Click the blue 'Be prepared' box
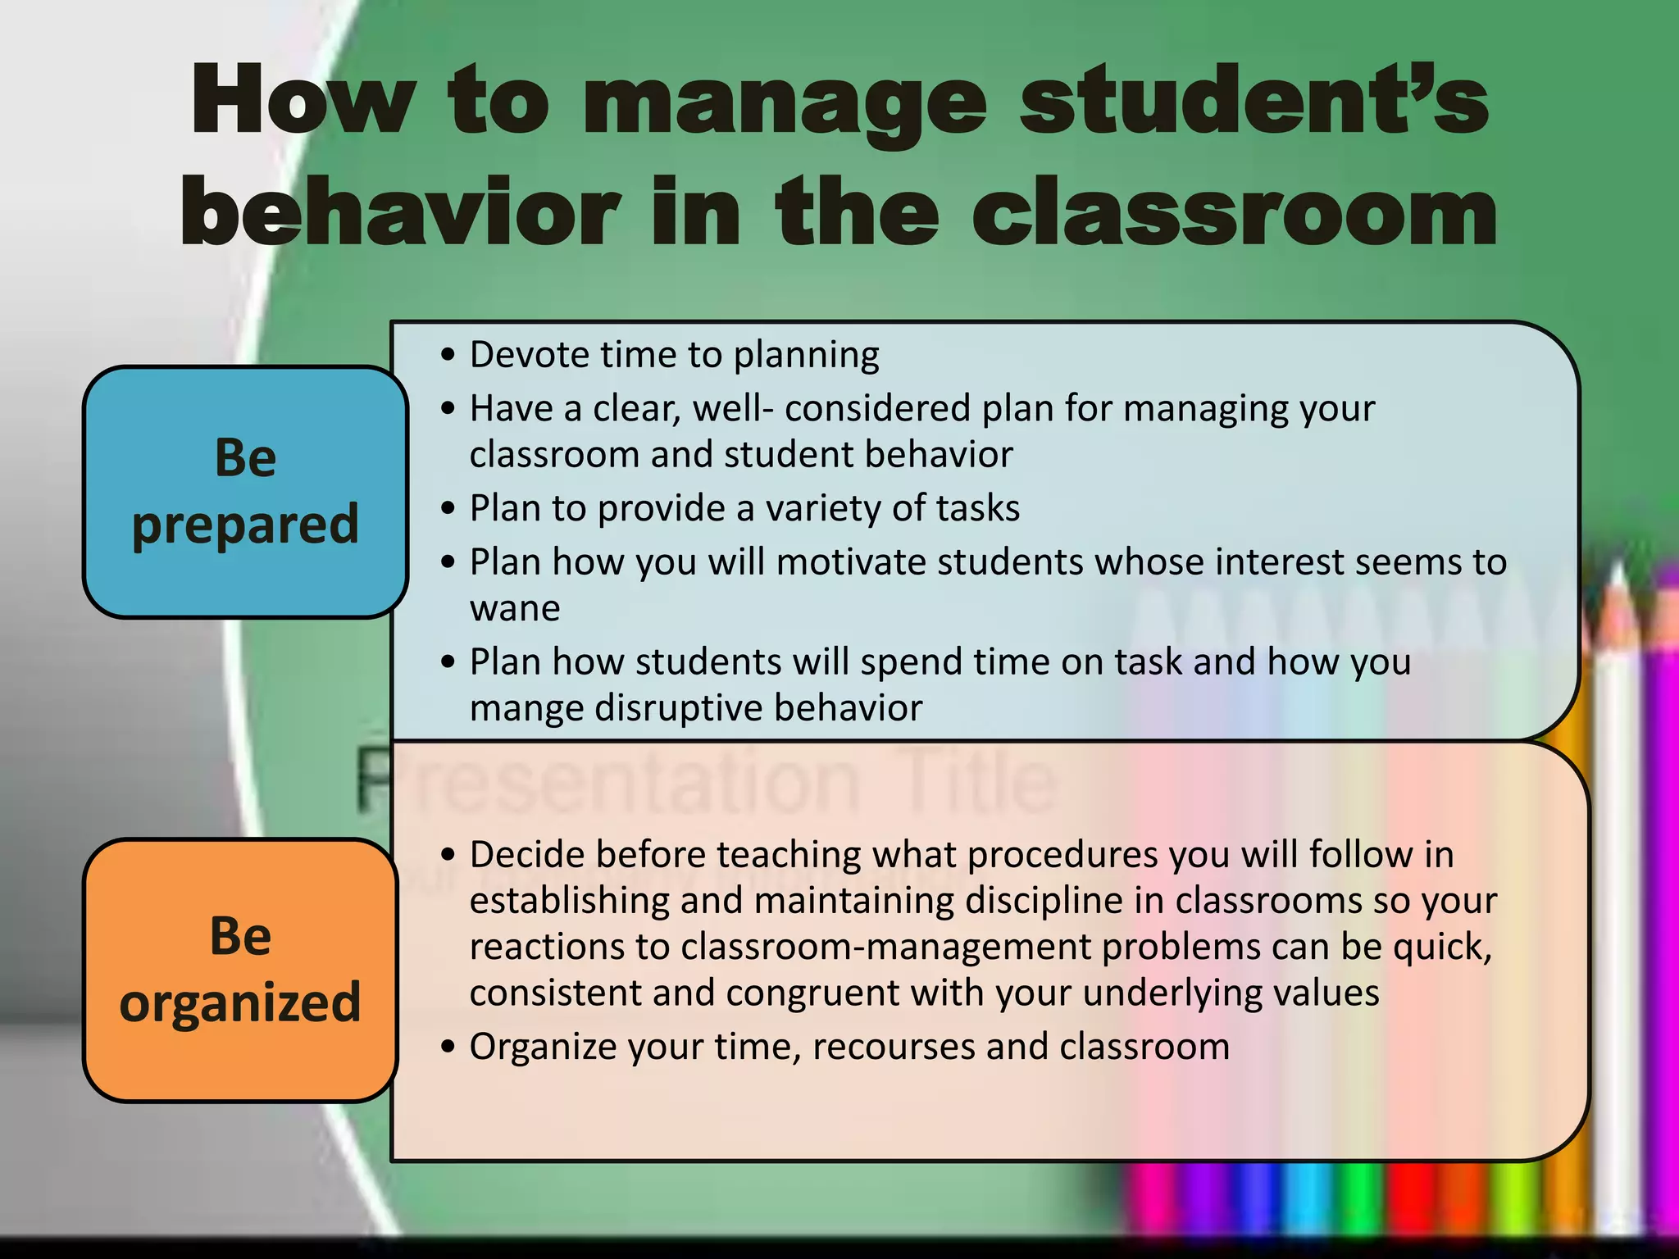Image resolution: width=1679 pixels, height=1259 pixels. tap(245, 492)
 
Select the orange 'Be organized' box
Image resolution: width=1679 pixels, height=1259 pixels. tap(240, 970)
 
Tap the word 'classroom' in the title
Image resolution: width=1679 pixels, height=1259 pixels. tap(1234, 213)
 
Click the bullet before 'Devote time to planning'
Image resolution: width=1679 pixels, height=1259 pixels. tap(447, 356)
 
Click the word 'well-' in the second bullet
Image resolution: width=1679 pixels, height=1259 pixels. tap(732, 408)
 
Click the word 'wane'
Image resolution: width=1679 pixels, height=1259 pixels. tap(515, 609)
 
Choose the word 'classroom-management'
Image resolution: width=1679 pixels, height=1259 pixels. tap(885, 948)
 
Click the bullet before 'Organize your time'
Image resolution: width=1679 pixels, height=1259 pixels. tap(447, 1048)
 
